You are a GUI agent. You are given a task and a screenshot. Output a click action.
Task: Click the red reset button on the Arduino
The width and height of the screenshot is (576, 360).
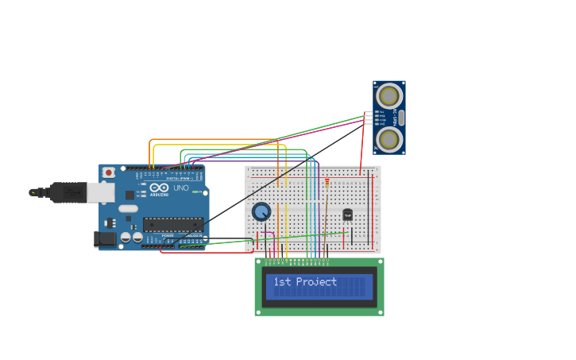click(108, 172)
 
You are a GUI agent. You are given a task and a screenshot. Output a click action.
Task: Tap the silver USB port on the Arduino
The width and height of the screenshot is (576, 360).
click(100, 192)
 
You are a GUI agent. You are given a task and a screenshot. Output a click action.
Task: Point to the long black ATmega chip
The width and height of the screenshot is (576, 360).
click(172, 225)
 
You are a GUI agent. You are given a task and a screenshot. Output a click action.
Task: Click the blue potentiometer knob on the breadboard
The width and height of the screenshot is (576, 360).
click(261, 211)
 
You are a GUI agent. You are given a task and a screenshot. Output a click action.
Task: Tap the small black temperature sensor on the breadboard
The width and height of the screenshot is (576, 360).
click(347, 215)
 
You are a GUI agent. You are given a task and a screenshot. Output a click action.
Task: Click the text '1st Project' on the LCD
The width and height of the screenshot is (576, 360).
click(305, 282)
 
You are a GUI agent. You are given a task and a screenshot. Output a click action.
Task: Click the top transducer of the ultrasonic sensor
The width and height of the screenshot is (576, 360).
click(389, 96)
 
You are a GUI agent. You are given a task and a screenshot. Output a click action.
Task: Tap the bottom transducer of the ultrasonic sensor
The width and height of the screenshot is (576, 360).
click(389, 139)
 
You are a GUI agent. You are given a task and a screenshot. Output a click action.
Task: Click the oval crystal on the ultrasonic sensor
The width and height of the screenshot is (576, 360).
click(400, 118)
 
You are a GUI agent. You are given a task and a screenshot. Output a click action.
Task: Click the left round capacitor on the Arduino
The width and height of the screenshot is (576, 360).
click(126, 237)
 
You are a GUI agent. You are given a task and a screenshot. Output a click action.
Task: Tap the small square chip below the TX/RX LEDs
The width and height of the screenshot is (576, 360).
click(130, 195)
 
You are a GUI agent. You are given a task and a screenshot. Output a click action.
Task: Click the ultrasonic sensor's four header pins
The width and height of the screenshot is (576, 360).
click(369, 118)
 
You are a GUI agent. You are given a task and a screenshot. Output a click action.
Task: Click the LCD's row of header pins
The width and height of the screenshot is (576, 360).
click(297, 260)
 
